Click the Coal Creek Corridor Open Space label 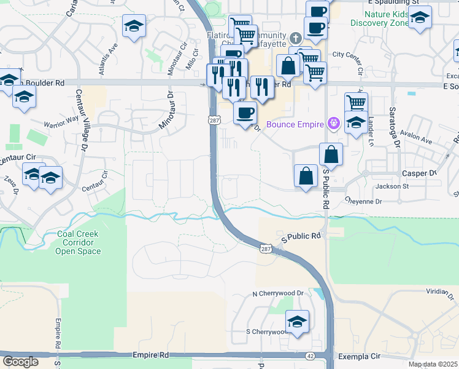point(77,242)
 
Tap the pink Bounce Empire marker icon point(333,123)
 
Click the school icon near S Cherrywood point(298,321)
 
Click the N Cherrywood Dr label point(279,294)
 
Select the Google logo point(20,362)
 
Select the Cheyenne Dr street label point(363,201)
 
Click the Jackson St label point(393,186)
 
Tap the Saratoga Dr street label point(391,123)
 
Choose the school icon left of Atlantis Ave point(134,26)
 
